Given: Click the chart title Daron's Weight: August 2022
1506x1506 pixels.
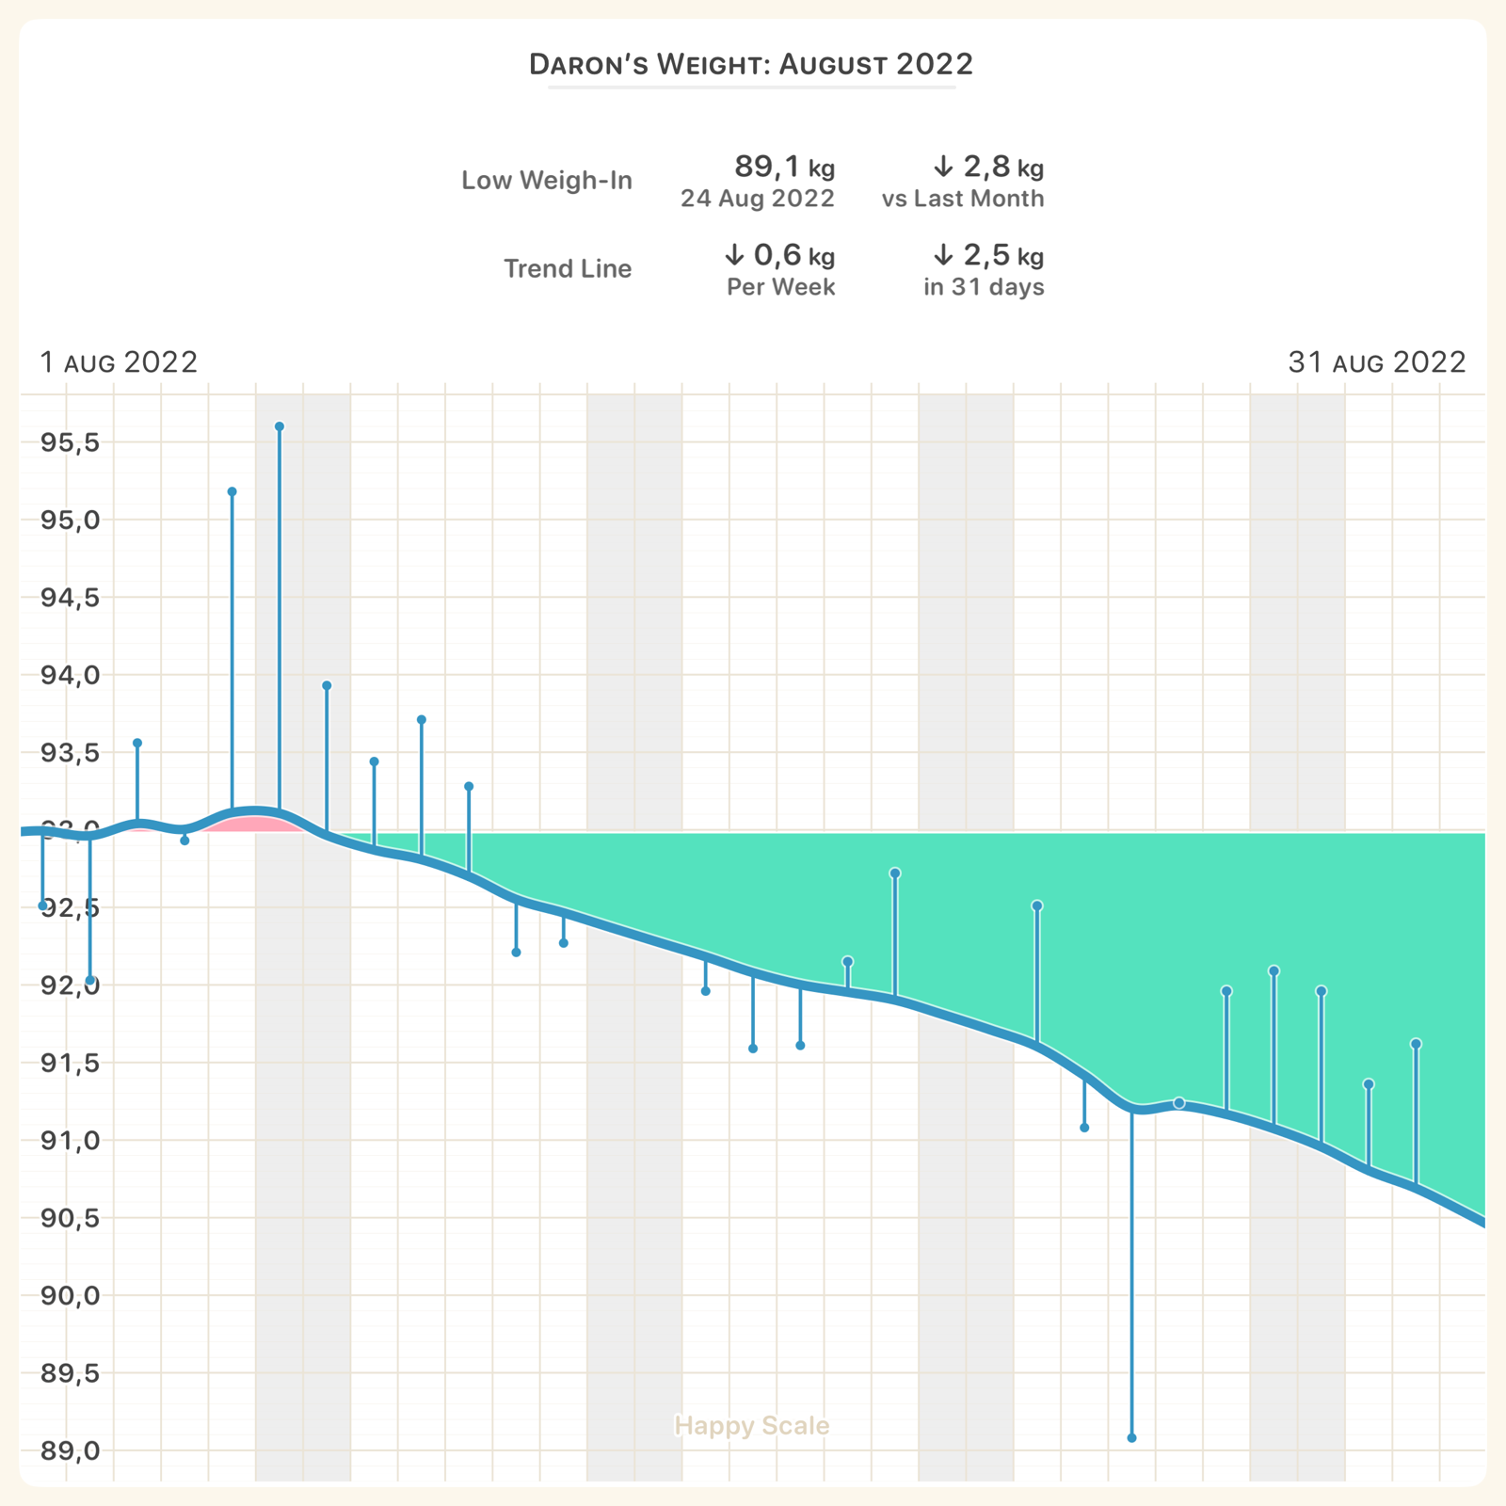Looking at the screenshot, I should point(751,65).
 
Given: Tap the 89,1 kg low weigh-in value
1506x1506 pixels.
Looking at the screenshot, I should point(784,168).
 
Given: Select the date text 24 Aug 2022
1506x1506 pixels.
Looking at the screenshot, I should point(758,199).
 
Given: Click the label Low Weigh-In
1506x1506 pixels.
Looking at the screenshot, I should point(547,181).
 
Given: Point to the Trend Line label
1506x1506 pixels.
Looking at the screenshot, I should point(568,269).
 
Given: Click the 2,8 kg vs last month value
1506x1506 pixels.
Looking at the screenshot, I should point(988,168).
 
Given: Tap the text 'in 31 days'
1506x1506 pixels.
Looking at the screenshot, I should point(984,287).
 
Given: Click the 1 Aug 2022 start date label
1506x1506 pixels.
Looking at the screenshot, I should point(119,362).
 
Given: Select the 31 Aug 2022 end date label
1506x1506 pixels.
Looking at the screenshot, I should point(1377,362).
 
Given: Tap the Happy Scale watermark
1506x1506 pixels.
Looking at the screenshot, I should point(752,1426).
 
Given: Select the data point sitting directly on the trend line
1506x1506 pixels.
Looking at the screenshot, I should point(1179,1103).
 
